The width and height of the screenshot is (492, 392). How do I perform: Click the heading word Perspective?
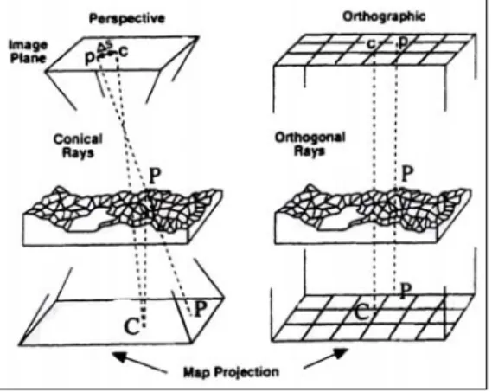tap(127, 18)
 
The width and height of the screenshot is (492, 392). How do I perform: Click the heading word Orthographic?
tap(384, 16)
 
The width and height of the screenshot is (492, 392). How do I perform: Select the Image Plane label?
tap(28, 52)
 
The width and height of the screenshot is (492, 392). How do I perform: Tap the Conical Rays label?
tap(78, 145)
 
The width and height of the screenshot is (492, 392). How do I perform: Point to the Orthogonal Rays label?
tap(310, 145)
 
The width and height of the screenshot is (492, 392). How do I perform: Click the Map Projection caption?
tap(231, 372)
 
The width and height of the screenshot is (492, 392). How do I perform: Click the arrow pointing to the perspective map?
tap(139, 363)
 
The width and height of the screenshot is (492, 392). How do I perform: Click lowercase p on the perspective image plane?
tap(91, 58)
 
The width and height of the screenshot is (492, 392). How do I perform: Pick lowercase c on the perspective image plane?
tap(124, 52)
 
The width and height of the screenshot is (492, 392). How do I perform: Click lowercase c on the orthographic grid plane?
tap(371, 44)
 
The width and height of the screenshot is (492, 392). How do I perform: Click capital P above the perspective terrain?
tap(155, 176)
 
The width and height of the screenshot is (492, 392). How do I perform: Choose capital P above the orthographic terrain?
tap(407, 174)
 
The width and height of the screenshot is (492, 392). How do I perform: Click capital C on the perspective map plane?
tap(131, 326)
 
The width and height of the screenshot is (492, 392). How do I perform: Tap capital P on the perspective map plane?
tap(201, 309)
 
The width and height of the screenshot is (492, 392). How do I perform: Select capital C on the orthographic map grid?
tap(362, 312)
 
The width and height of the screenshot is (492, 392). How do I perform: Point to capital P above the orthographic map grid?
tap(406, 291)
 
